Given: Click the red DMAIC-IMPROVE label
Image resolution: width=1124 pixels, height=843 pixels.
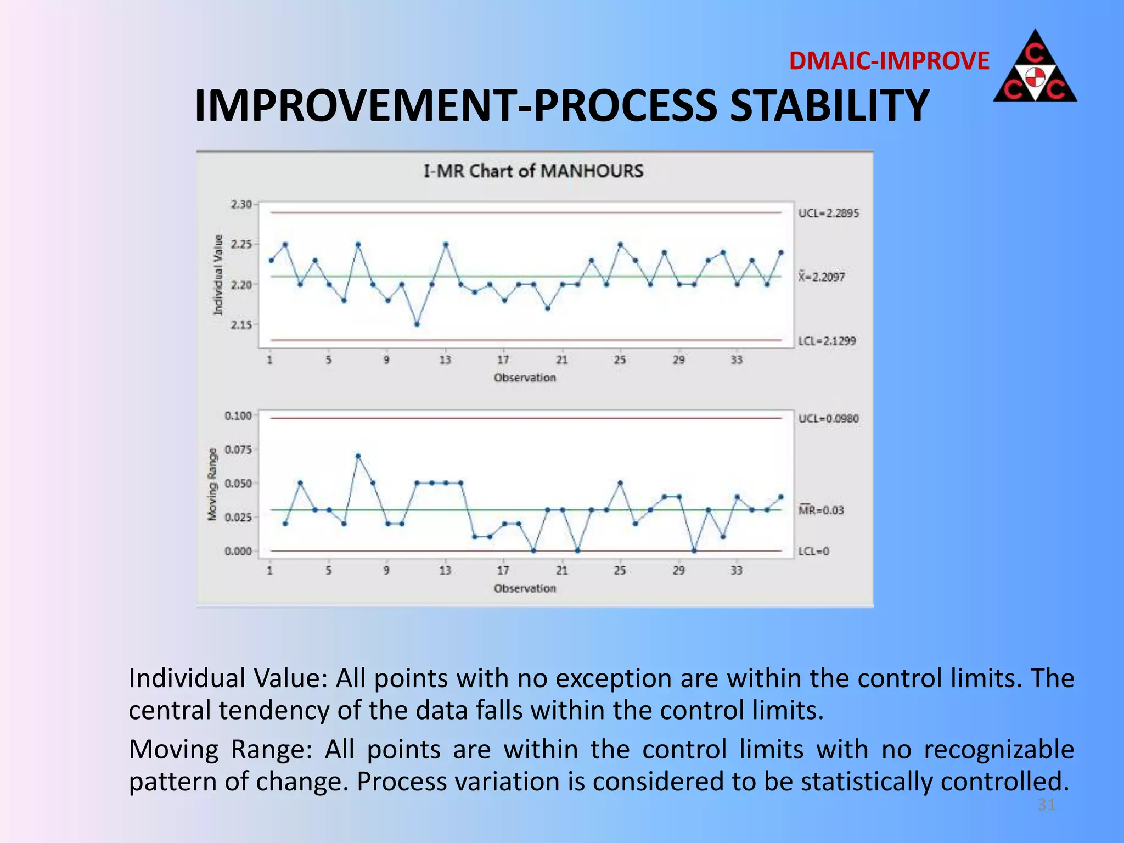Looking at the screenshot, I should (x=889, y=61).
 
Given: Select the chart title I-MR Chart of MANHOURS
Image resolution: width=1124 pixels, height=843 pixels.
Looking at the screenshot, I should (x=533, y=171).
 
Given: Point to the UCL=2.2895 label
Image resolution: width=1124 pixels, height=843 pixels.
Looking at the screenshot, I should (x=828, y=213).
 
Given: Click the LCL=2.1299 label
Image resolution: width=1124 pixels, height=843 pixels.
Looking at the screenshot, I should (x=827, y=341).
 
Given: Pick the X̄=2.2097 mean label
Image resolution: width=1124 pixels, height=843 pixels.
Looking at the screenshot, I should (x=822, y=277).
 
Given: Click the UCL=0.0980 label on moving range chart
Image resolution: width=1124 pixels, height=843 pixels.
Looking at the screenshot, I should (x=828, y=419).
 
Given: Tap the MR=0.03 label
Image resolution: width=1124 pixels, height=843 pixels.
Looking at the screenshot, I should (x=821, y=510).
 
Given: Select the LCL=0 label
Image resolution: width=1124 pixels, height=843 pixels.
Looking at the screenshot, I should (x=813, y=551).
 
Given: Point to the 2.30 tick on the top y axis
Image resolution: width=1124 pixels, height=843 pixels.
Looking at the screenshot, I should (x=240, y=204).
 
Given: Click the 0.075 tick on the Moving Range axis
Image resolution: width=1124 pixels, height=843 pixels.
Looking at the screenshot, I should (x=238, y=449).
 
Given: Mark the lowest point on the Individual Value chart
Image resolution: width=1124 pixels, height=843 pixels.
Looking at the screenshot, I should (x=417, y=324).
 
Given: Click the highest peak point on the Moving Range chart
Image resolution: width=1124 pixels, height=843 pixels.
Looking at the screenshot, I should (x=358, y=456).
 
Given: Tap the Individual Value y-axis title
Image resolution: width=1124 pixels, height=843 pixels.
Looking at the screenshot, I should (x=218, y=274).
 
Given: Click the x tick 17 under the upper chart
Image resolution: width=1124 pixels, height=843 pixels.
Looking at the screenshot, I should (x=503, y=360).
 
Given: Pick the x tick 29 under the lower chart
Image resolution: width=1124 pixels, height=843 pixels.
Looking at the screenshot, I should (x=679, y=571).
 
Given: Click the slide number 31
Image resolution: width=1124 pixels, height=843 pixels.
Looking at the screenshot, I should (x=1046, y=805).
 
